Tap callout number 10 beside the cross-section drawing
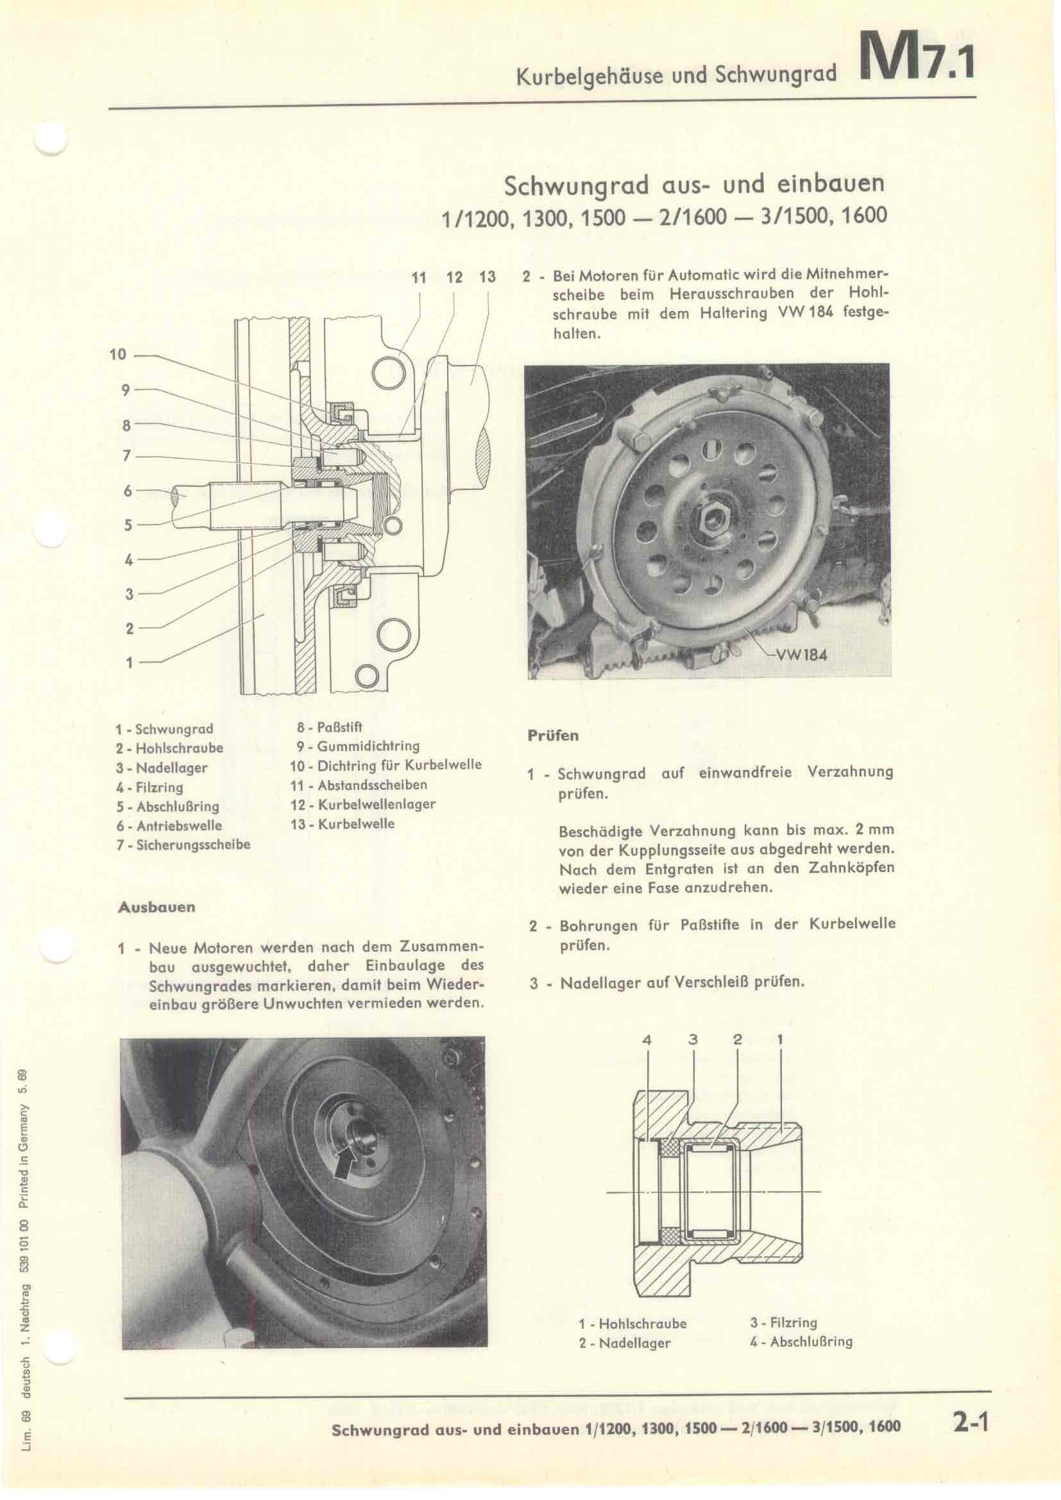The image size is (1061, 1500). (117, 355)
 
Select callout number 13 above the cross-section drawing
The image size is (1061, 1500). (488, 277)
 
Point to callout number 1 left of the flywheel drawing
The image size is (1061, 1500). (129, 662)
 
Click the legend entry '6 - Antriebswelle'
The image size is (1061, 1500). (169, 825)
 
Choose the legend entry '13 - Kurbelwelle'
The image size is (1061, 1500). (343, 824)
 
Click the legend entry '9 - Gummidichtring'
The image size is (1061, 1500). (358, 746)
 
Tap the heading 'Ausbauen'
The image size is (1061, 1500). (156, 907)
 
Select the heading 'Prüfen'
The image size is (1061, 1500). (553, 736)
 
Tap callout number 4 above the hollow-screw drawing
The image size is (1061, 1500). (647, 1041)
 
